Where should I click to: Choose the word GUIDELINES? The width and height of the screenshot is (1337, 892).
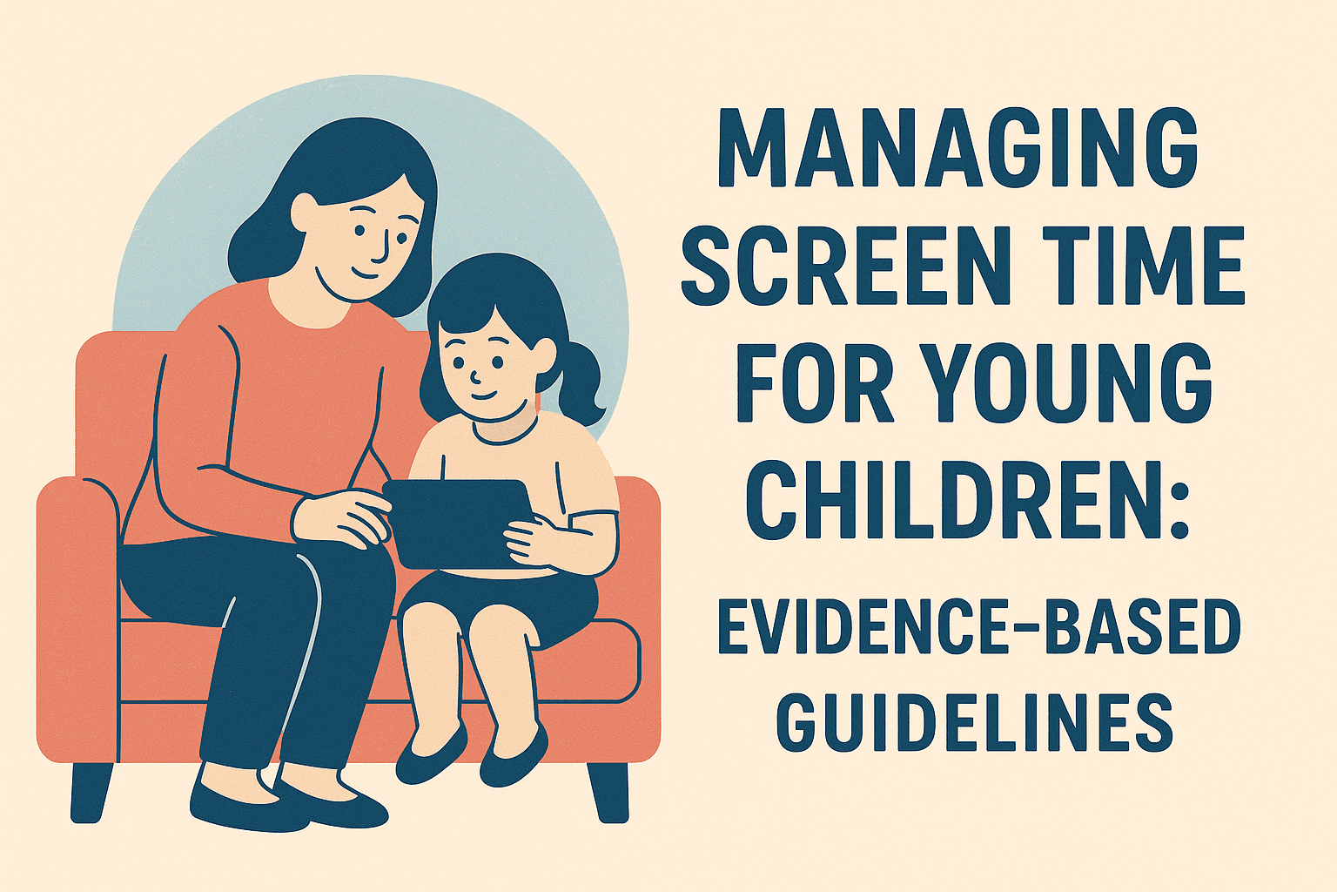point(974,722)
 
